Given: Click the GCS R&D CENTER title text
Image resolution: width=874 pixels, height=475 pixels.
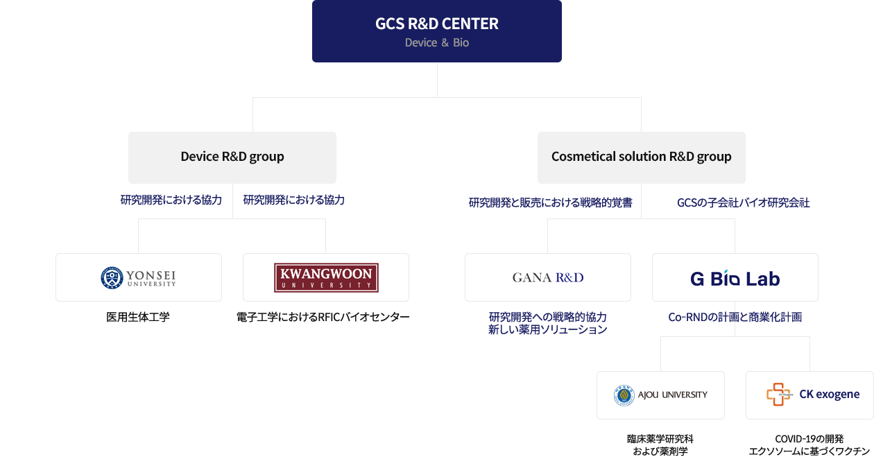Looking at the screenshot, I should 436,24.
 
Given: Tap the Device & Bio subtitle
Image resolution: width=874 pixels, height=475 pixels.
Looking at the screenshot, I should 436,43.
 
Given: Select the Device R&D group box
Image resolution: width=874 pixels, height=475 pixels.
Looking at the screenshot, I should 232,157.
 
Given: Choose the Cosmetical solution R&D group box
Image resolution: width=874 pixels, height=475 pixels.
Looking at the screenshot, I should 641,157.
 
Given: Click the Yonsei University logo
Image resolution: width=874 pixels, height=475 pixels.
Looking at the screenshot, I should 139,277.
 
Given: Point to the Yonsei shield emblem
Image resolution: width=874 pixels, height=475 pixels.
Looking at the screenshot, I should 111,278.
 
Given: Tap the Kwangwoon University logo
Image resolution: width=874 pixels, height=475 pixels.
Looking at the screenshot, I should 326,277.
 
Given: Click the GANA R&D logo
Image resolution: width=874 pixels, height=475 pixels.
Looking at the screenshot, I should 548,277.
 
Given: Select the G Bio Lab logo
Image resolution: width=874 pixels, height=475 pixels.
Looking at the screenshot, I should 735,279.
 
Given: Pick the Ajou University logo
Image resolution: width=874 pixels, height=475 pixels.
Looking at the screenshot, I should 660,395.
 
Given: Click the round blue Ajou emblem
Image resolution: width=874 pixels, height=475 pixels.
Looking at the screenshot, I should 624,395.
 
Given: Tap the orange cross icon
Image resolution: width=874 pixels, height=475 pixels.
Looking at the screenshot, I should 778,395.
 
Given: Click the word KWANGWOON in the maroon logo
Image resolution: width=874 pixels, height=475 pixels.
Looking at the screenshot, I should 326,273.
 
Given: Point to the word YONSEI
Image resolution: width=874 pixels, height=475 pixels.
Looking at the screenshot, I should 151,274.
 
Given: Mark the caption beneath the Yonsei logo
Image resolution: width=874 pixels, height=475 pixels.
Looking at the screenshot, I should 138,318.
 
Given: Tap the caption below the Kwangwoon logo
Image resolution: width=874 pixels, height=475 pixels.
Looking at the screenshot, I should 323,318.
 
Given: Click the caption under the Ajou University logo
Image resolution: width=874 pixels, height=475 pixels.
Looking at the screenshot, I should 660,444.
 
